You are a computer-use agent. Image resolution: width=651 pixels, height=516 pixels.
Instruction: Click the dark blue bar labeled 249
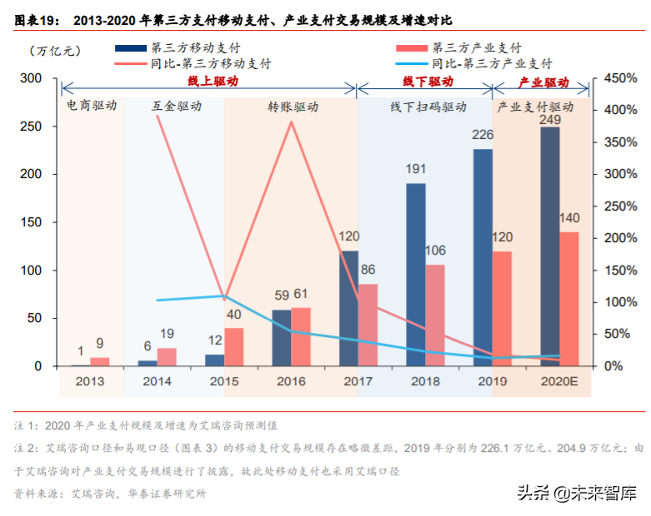550,246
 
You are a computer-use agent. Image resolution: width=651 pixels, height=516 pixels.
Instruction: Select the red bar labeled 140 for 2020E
569,299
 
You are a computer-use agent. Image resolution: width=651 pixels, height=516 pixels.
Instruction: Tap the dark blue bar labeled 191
416,275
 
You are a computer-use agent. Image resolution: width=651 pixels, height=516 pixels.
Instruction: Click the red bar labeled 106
435,315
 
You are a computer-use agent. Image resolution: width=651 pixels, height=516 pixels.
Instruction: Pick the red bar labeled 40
234,347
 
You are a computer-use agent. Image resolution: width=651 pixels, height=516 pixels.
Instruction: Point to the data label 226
483,135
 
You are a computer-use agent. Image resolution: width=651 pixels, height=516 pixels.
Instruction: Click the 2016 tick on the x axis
291,381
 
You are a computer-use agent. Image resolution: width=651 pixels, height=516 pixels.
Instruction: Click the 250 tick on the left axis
31,127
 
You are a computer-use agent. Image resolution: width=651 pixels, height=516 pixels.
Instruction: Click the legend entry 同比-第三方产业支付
490,63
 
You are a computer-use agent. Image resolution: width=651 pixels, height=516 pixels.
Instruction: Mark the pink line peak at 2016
291,122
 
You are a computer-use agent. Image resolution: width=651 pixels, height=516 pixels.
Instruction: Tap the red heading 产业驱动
543,82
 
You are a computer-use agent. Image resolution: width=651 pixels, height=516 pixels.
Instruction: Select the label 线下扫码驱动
428,107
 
